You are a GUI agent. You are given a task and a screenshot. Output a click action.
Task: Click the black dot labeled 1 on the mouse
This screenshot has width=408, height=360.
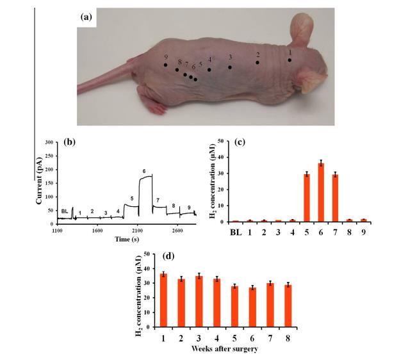(x=290, y=60)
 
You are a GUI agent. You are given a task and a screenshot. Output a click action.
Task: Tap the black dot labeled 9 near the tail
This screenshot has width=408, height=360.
(x=165, y=65)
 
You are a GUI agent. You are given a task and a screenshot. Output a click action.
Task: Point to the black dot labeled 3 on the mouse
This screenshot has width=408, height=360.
(x=230, y=67)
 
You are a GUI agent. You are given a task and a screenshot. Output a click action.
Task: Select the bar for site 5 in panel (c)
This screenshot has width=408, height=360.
(x=306, y=198)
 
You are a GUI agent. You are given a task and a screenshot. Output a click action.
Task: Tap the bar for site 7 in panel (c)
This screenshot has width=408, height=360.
(x=334, y=198)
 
